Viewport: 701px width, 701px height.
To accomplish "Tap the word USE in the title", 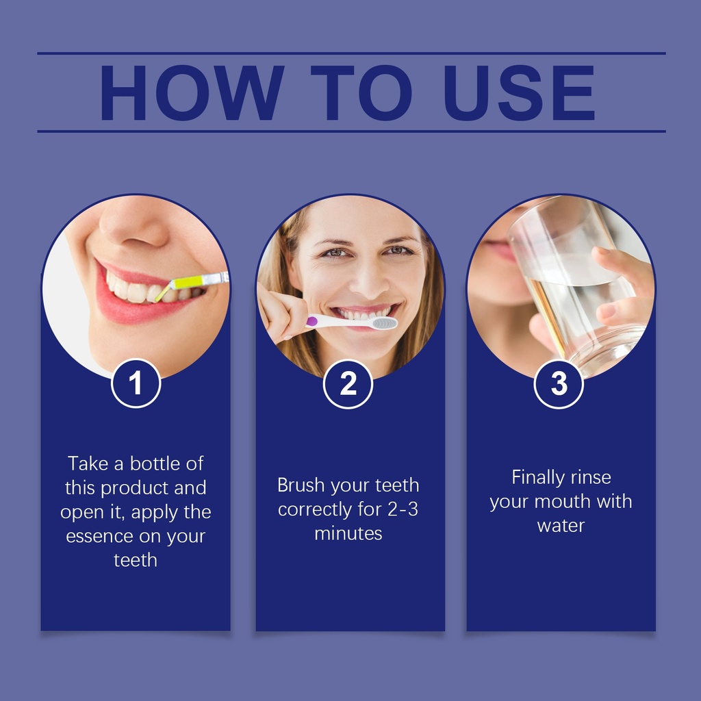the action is tap(520, 93).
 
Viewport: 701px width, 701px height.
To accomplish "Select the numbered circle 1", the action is tap(136, 383).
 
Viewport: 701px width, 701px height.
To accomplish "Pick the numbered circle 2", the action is tap(348, 383).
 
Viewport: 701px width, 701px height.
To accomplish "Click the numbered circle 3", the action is tap(559, 383).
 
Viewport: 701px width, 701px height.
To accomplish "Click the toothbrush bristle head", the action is tap(385, 323).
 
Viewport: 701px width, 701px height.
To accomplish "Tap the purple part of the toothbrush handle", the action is tap(312, 320).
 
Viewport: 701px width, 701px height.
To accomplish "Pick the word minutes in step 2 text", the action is tap(348, 533).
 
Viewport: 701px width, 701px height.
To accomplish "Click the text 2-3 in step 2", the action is tap(403, 509).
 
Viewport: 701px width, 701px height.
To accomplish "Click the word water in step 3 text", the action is tap(561, 526).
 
